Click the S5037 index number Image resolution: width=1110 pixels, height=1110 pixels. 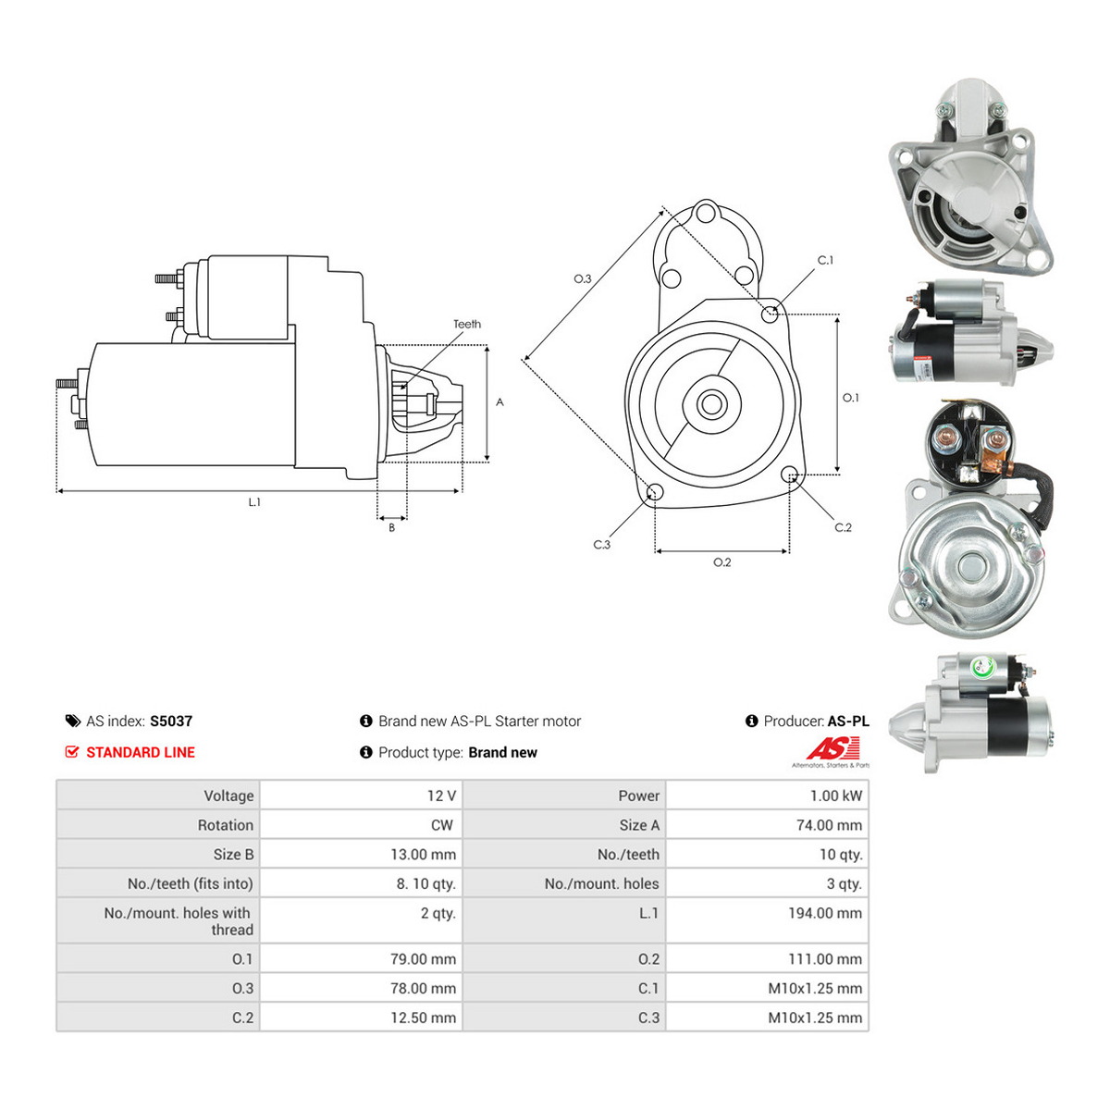(x=171, y=721)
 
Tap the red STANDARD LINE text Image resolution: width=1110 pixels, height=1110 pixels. (x=141, y=752)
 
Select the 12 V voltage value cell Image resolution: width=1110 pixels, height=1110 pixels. (x=441, y=795)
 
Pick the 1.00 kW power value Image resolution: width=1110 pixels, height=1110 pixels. (x=836, y=795)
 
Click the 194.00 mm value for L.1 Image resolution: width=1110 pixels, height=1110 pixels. (x=825, y=913)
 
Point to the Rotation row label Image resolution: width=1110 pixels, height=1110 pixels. (x=225, y=825)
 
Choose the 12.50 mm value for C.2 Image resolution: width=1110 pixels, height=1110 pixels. (x=423, y=1017)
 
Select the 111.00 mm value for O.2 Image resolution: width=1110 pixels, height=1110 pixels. (x=825, y=959)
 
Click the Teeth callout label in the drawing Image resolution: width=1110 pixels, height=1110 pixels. (x=466, y=325)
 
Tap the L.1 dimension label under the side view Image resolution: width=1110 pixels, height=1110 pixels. (x=254, y=502)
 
